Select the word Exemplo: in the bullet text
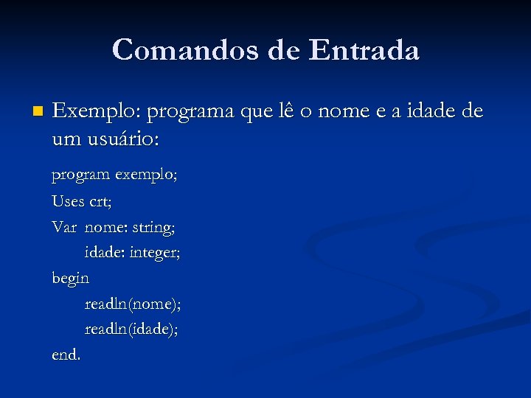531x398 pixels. click(97, 112)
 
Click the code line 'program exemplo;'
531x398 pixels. click(114, 176)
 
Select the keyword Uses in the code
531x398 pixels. click(68, 201)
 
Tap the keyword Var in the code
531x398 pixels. click(64, 227)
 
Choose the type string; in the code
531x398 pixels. click(153, 228)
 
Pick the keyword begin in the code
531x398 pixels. click(70, 279)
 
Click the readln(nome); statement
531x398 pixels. click(133, 304)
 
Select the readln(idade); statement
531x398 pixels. click(131, 329)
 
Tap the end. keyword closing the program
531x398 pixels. click(66, 355)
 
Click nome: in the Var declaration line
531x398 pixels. click(105, 227)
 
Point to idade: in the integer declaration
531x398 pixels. click(105, 253)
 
